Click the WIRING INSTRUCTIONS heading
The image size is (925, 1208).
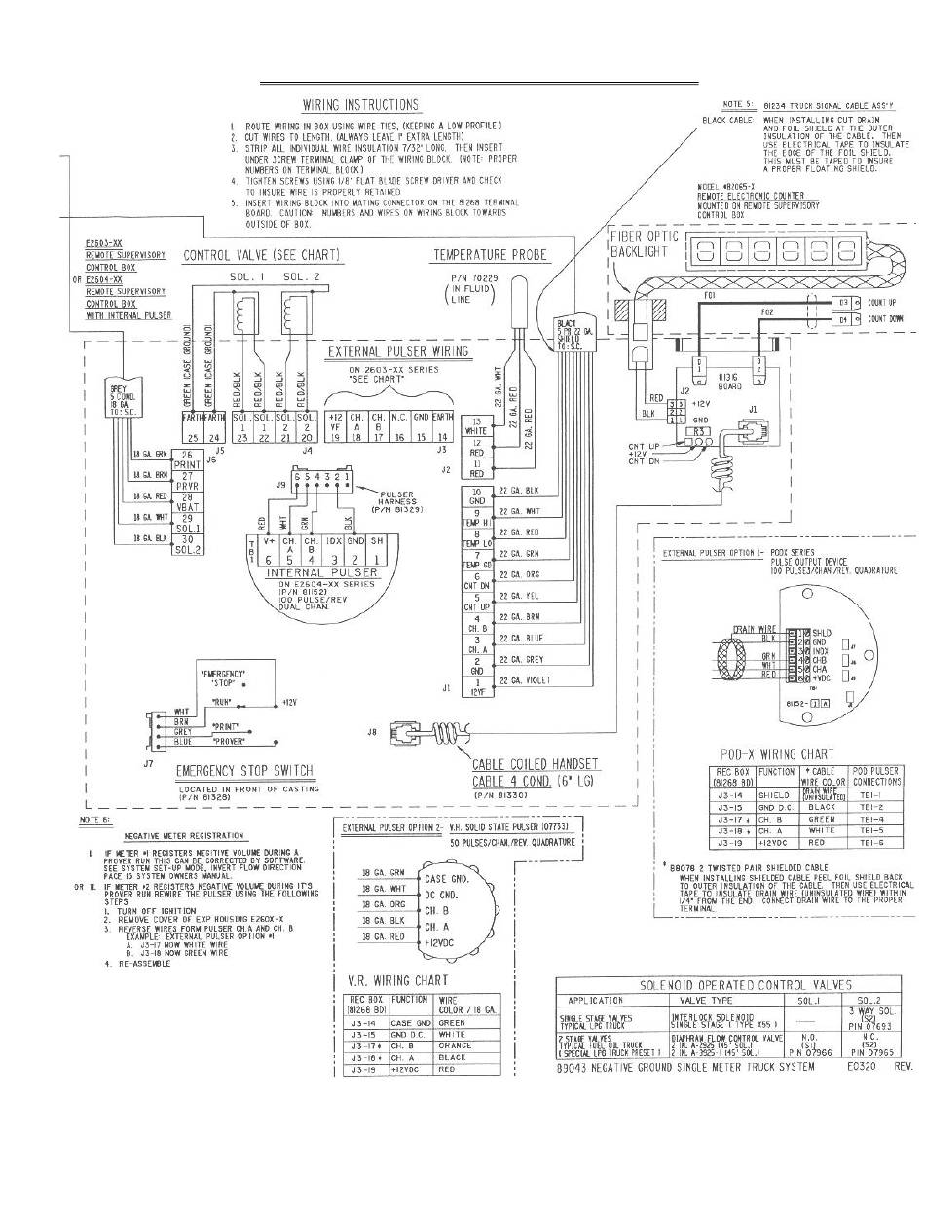point(361,105)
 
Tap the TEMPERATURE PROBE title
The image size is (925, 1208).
point(490,256)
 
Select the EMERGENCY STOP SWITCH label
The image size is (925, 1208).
point(245,772)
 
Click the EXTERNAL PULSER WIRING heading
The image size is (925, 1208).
point(398,351)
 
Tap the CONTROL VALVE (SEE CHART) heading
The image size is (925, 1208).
point(263,256)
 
